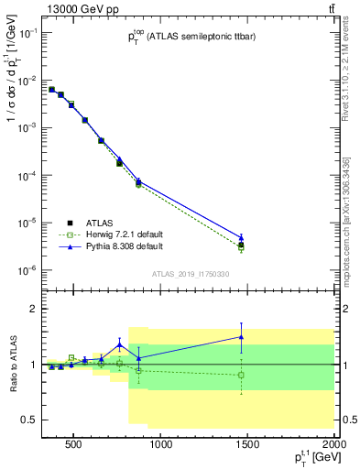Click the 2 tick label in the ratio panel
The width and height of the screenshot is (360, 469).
(32, 309)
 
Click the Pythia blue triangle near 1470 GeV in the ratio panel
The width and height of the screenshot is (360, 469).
(241, 337)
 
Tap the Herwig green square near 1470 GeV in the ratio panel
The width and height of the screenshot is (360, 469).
(241, 375)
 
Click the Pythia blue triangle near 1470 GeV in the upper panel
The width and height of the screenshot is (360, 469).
(241, 237)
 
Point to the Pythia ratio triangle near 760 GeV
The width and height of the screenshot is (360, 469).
(119, 344)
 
